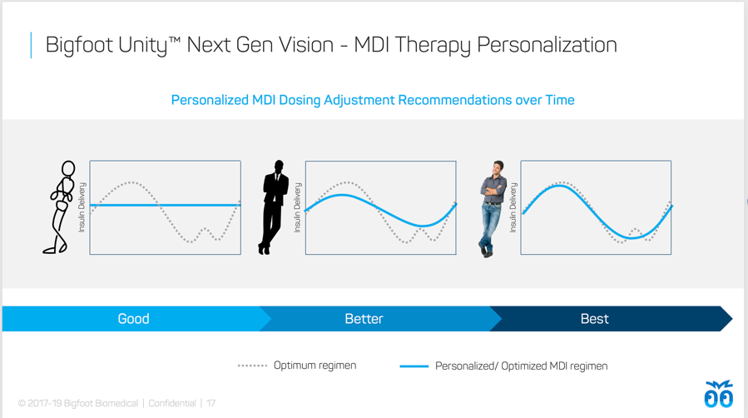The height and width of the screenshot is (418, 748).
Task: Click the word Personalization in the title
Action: [x=547, y=46]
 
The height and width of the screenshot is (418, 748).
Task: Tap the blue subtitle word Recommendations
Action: [x=454, y=100]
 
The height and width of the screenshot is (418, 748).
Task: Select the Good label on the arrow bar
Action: [x=134, y=319]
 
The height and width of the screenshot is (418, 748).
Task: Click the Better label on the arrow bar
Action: [x=364, y=319]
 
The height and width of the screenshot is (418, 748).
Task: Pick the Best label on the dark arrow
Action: [x=594, y=319]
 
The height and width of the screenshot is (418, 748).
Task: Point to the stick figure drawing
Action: [x=61, y=207]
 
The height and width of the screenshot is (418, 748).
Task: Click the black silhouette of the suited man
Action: [x=274, y=207]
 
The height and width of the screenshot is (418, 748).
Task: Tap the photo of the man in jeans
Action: [x=493, y=209]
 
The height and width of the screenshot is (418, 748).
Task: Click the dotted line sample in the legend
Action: [x=252, y=366]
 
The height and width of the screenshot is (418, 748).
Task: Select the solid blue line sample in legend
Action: [x=414, y=366]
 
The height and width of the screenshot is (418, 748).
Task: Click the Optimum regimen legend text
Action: [x=315, y=366]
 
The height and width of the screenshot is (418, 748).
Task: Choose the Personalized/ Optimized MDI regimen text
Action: [x=522, y=366]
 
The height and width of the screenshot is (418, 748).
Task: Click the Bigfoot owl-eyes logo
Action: [x=718, y=394]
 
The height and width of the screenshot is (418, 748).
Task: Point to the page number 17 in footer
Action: [x=211, y=403]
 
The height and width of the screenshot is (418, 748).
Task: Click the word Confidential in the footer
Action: [x=172, y=403]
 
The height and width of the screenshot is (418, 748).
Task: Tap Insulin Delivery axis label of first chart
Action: [x=82, y=207]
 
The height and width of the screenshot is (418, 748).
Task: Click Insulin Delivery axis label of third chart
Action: [x=513, y=207]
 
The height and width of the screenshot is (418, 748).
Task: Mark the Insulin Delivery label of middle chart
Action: [x=298, y=207]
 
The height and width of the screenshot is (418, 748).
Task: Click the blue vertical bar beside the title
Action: [x=31, y=45]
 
